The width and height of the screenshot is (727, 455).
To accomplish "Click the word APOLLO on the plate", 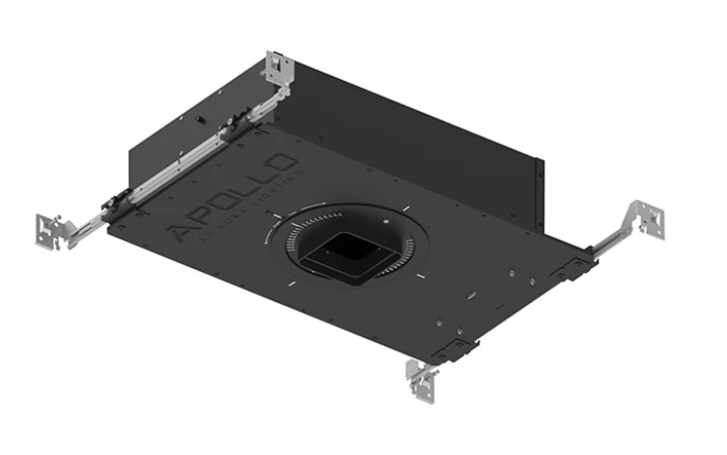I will coord(235,196).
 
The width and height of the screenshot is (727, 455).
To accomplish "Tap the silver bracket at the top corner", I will coord(279,69).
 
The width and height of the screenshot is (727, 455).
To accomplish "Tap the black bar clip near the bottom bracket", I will coord(456,348).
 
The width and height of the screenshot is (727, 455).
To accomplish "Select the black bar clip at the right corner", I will coord(575,265).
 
